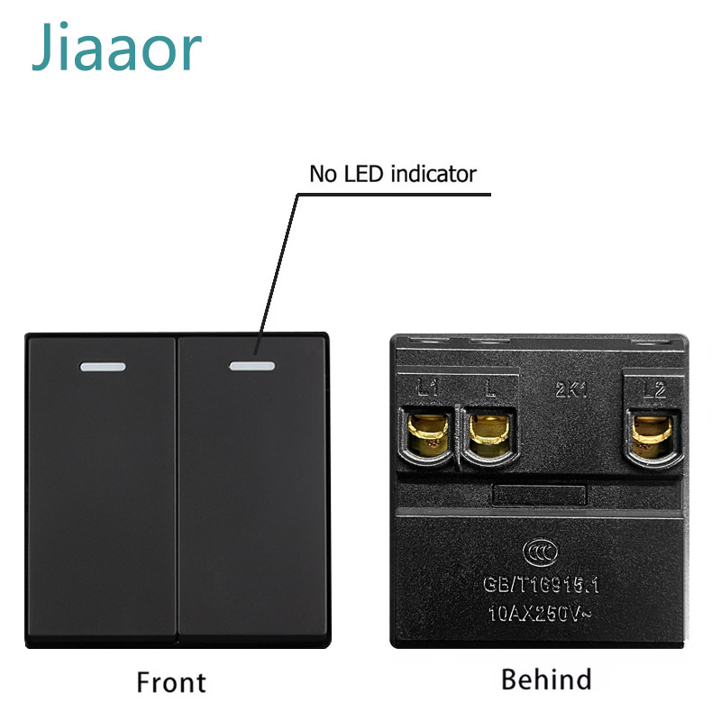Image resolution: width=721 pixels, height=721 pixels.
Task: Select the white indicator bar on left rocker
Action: click(x=102, y=367)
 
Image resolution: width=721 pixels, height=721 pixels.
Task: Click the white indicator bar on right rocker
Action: click(x=251, y=366)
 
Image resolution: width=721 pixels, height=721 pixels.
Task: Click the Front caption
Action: click(x=171, y=682)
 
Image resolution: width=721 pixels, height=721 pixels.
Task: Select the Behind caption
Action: click(x=546, y=679)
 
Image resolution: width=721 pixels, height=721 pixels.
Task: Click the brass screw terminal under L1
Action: click(x=427, y=434)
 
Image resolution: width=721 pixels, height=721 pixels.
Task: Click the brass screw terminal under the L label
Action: click(x=489, y=434)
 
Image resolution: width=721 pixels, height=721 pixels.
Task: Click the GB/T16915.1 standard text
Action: click(x=541, y=585)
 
